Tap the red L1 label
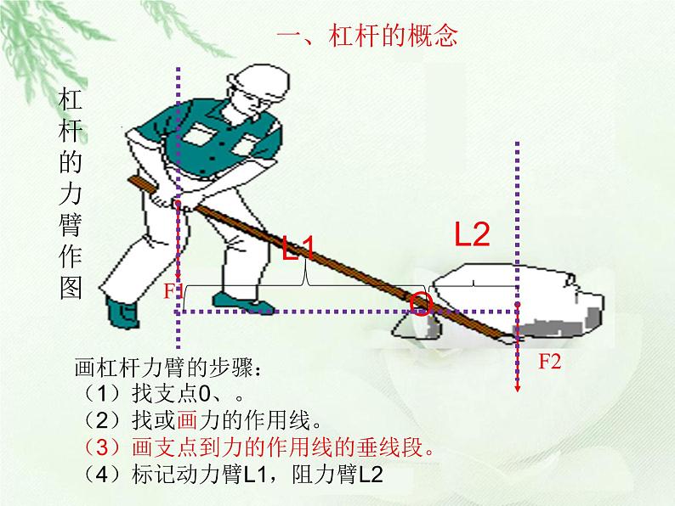298,249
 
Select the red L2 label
472,234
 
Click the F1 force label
173,292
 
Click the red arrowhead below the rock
517,387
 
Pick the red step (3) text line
258,447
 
